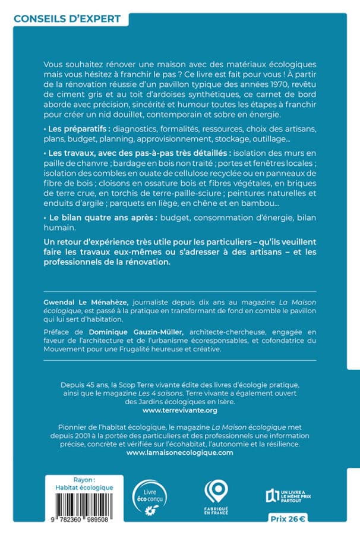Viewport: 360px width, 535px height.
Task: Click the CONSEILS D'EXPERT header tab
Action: (x=67, y=18)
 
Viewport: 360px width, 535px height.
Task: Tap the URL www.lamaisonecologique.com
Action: (x=180, y=452)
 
